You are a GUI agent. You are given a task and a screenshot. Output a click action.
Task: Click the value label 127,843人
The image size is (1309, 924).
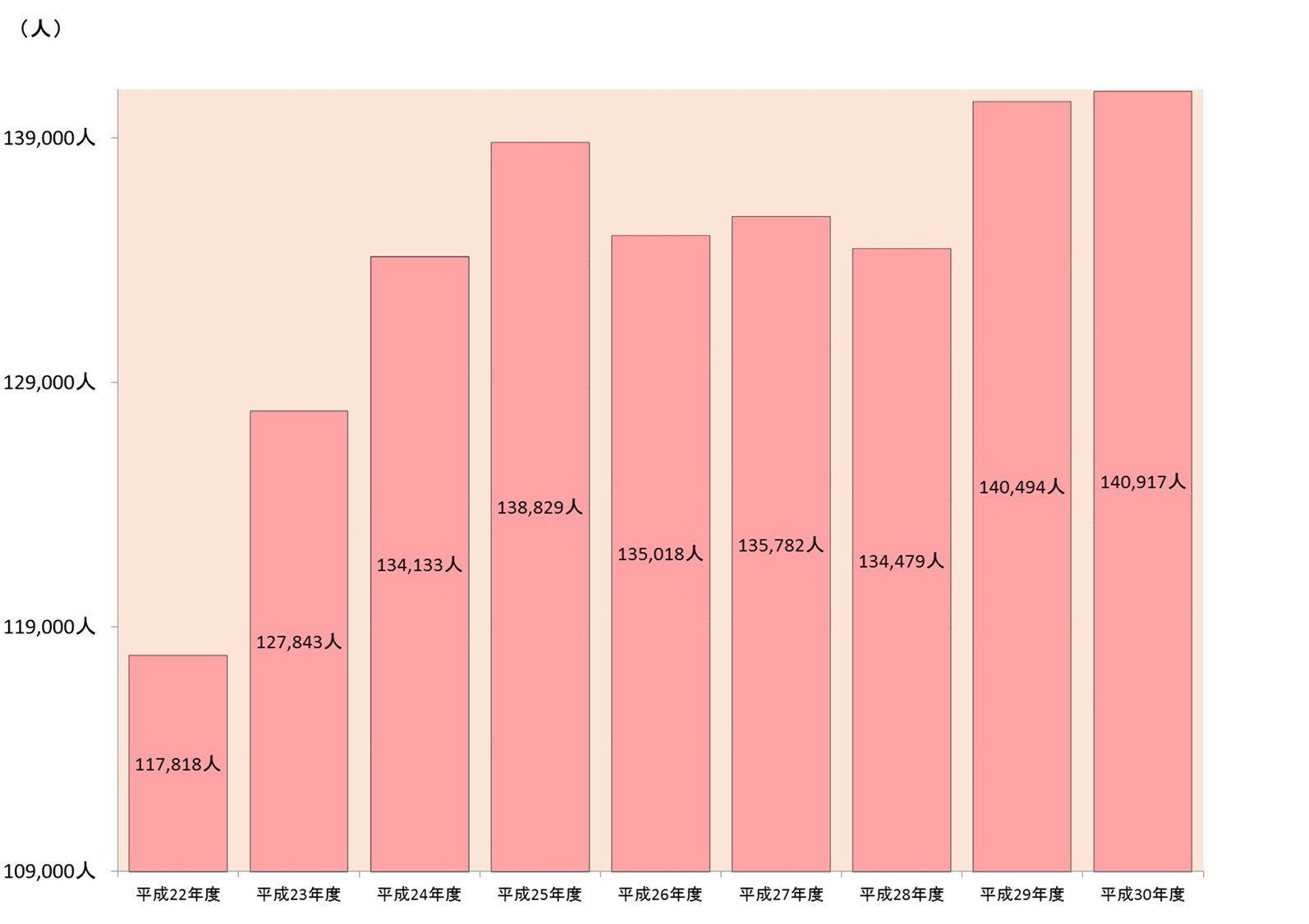[x=298, y=642]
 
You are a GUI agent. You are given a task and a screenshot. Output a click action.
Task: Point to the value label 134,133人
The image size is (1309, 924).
[x=419, y=565]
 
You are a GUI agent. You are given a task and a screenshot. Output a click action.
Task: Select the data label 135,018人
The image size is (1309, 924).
[x=660, y=554]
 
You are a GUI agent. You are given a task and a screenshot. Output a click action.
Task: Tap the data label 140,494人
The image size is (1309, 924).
[x=1022, y=487]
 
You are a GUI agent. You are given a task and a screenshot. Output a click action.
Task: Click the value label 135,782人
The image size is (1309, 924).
[x=780, y=545]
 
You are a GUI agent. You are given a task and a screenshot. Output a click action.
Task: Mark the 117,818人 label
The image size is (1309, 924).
[x=177, y=765]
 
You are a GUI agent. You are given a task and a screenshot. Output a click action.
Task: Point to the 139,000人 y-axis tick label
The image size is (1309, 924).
[x=49, y=138]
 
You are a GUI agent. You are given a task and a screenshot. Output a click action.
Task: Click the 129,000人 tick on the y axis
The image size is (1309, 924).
[x=49, y=382]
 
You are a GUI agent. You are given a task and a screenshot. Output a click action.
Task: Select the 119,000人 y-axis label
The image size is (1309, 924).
[x=49, y=627]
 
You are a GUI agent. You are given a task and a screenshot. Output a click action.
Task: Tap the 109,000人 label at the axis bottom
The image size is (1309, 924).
[x=49, y=871]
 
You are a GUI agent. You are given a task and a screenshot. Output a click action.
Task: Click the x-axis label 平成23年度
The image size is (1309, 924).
[x=298, y=894]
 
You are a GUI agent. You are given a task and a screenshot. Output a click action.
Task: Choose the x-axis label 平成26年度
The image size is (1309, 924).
[x=660, y=894]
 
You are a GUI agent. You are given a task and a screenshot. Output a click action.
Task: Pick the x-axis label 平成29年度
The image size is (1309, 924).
[x=1022, y=894]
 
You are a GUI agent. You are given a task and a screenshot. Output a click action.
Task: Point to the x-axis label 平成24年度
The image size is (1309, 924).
[x=419, y=894]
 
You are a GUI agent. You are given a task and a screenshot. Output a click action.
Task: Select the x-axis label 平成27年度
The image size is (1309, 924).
[x=780, y=894]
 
